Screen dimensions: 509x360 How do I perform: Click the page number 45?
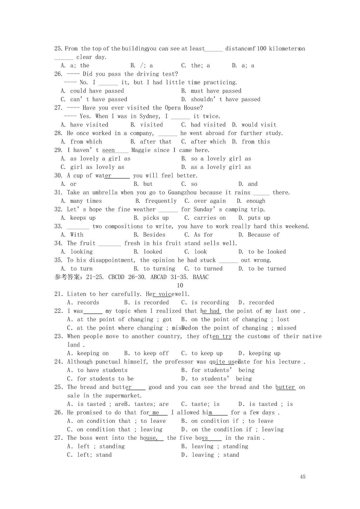303,477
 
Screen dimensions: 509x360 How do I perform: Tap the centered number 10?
180,285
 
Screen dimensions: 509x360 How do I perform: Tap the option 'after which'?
208,142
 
